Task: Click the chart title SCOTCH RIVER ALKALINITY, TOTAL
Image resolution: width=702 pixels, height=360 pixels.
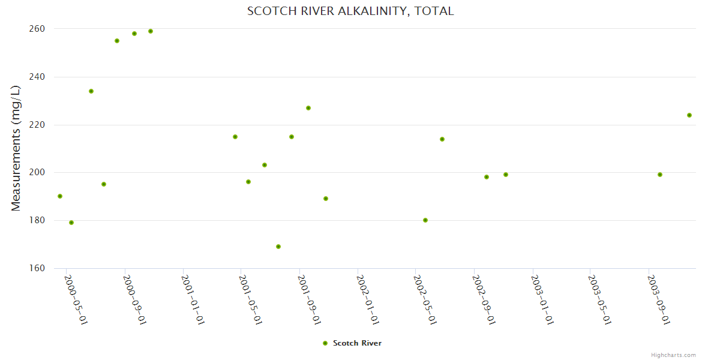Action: coord(350,11)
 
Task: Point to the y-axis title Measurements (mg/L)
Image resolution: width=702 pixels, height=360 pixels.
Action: coord(16,148)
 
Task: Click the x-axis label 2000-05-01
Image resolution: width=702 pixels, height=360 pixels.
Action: coord(76,299)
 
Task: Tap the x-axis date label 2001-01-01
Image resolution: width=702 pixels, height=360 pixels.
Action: coord(193,299)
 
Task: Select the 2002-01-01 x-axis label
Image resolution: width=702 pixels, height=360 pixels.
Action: coord(367,299)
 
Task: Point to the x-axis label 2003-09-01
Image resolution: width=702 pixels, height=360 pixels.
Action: coord(658,299)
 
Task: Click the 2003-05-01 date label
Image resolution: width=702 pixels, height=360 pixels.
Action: coord(599,299)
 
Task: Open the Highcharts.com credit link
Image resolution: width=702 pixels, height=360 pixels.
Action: coord(673,355)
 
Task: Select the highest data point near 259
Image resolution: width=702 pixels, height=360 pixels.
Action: coord(151,31)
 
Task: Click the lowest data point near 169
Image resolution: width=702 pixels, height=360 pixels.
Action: coord(278,247)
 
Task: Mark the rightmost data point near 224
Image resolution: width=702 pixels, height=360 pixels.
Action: coord(689,115)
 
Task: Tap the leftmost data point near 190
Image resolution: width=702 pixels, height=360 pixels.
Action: coord(60,196)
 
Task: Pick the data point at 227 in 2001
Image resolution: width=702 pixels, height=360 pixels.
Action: coord(308,108)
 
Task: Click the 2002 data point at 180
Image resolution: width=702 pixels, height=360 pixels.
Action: coord(425,220)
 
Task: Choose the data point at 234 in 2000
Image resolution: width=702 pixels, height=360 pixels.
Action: coord(91,91)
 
